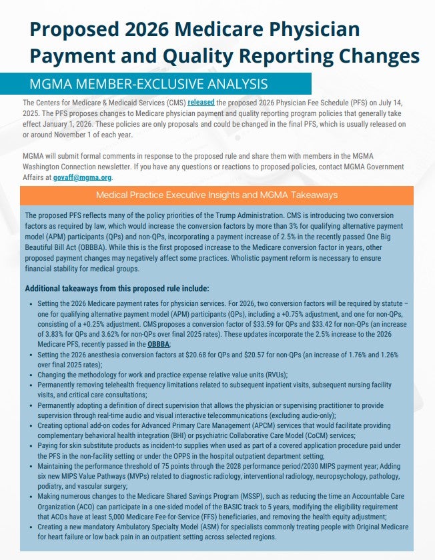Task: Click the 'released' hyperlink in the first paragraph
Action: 201,103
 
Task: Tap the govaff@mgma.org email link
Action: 83,178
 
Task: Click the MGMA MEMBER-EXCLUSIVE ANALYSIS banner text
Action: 148,85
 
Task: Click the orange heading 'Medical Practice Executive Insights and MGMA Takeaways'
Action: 217,195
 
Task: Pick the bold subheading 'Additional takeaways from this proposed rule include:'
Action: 117,289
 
